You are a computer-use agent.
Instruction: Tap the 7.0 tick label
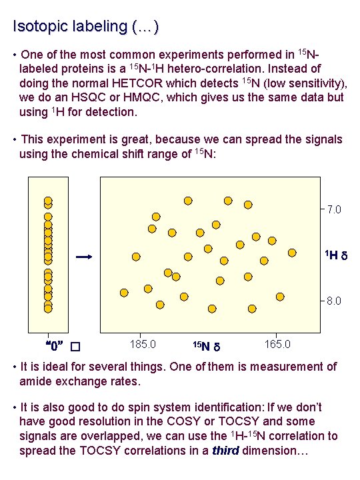tap(334, 210)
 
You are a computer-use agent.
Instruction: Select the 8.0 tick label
tap(334, 301)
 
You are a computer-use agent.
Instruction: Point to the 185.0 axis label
tap(145, 344)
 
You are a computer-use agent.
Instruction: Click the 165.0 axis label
tap(277, 344)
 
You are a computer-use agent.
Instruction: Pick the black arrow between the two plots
tap(83, 257)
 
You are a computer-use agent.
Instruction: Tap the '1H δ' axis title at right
tap(335, 256)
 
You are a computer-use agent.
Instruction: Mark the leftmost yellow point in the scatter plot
tap(124, 293)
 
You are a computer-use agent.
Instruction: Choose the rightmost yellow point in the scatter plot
tap(292, 253)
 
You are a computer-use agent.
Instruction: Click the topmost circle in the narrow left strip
tap(48, 201)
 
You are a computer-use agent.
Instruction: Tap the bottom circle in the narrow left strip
tap(48, 308)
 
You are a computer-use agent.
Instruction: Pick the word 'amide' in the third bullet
tap(37, 381)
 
